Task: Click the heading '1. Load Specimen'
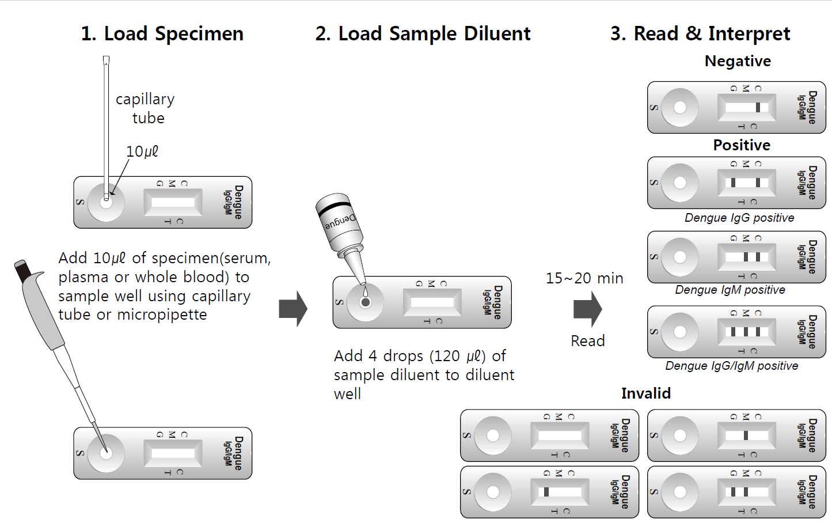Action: [x=162, y=34]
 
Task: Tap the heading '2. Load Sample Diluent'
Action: [x=423, y=34]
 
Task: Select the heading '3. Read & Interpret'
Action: [x=700, y=34]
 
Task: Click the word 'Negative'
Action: [x=738, y=61]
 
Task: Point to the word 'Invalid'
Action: [x=646, y=393]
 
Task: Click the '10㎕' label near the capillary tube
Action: [x=142, y=151]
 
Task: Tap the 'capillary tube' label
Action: [x=145, y=108]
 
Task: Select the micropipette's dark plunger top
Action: [x=22, y=270]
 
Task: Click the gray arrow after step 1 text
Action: [x=293, y=309]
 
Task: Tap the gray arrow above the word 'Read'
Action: [x=587, y=309]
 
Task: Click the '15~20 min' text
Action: [x=584, y=278]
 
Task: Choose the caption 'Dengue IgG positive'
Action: [x=739, y=218]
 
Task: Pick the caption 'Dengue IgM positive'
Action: [x=730, y=290]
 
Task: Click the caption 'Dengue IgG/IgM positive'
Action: [x=732, y=366]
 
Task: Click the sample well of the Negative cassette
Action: [x=680, y=108]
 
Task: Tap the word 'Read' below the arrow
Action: [x=588, y=341]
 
